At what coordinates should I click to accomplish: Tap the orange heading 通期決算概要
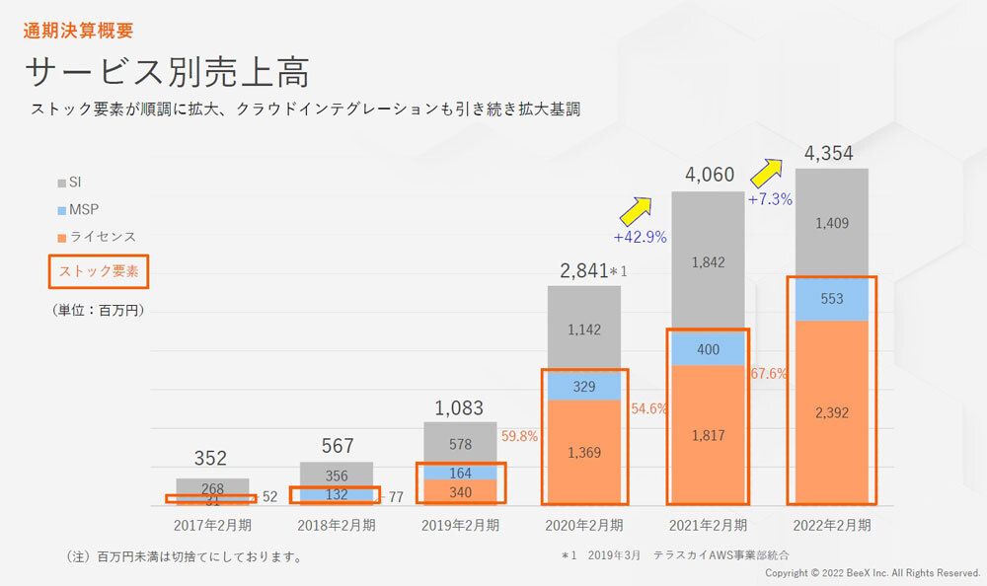78,31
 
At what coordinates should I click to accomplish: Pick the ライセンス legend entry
97,237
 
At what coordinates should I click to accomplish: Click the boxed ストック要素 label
99,270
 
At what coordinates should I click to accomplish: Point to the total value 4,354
829,153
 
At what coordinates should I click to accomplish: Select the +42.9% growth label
640,237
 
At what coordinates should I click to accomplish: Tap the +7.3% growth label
770,199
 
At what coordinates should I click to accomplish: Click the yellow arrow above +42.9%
636,209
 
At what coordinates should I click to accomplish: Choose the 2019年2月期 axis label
460,525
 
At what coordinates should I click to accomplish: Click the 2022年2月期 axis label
831,525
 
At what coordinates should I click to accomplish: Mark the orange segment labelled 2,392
831,412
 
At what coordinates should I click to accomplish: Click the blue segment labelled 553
831,299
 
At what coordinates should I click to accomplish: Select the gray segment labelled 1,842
709,261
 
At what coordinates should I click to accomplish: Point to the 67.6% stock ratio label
769,374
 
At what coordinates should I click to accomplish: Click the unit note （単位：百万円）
97,310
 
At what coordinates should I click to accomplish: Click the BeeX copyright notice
873,573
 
